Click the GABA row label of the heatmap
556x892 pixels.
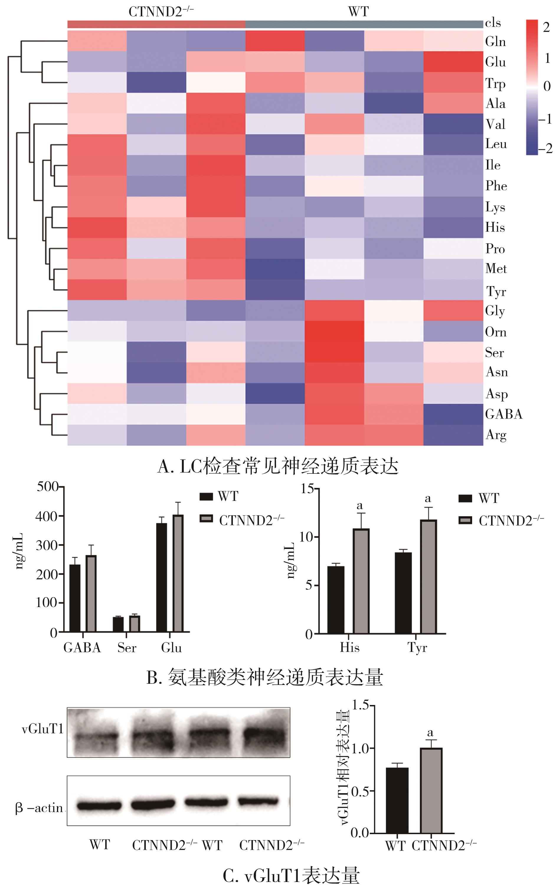503,414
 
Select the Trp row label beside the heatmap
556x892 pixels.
495,84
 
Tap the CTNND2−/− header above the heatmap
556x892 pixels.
161,12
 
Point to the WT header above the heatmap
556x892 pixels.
358,12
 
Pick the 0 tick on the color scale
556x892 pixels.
547,86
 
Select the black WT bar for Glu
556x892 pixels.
161,577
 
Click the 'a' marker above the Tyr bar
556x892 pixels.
428,499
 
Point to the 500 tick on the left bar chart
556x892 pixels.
48,487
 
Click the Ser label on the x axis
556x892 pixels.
127,647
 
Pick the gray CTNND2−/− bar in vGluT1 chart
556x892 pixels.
431,791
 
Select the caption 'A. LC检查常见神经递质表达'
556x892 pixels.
278,466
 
